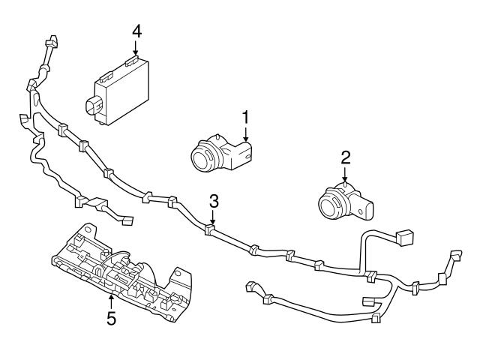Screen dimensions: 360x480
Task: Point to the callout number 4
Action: pyautogui.click(x=136, y=31)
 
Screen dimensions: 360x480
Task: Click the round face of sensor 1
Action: pyautogui.click(x=202, y=158)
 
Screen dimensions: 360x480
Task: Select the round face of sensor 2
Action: pyautogui.click(x=328, y=205)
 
